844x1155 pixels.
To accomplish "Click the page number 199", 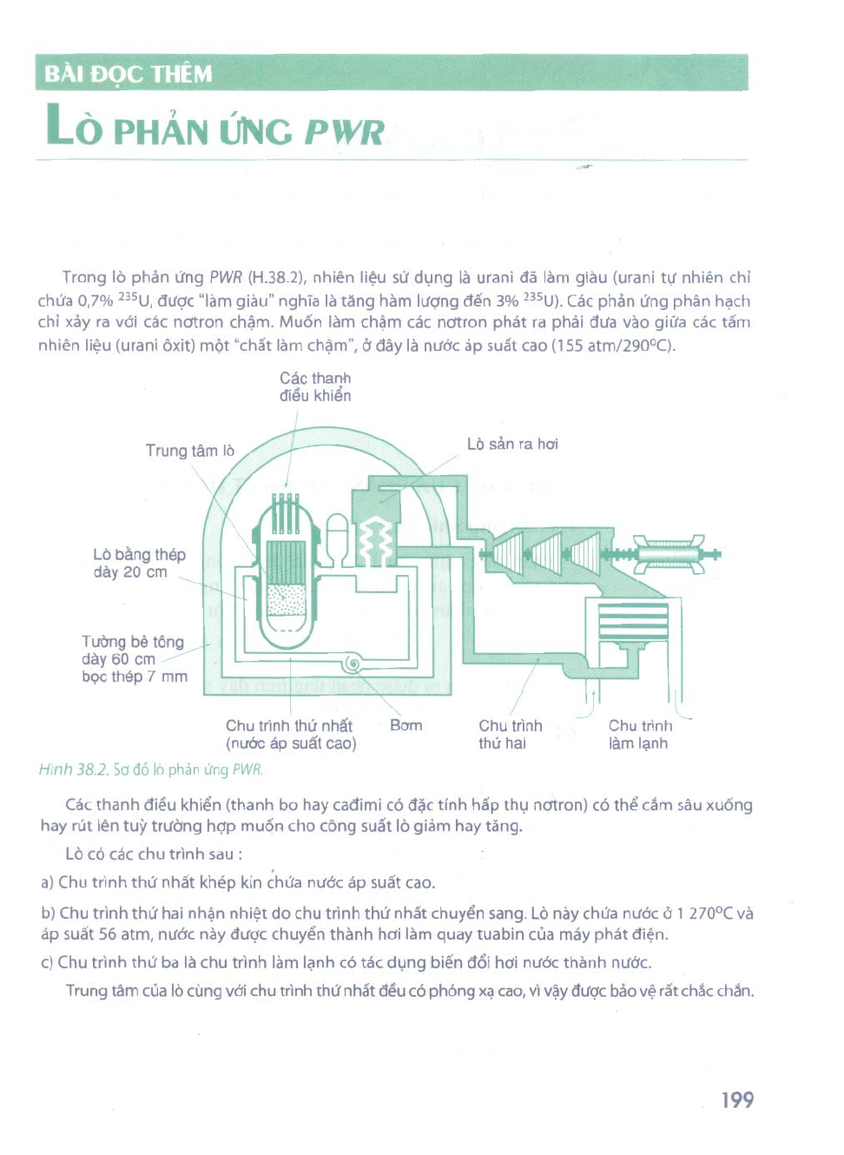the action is [x=737, y=1099].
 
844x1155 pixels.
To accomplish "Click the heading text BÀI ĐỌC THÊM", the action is [x=129, y=74].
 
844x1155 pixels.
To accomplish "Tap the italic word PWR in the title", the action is [x=344, y=132].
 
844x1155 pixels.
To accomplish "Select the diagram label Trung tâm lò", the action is [x=190, y=451].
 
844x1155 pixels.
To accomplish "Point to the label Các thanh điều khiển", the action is [x=315, y=386].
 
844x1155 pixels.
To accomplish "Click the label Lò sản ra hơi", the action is [x=512, y=444].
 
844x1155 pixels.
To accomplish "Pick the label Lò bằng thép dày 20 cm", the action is [x=139, y=563].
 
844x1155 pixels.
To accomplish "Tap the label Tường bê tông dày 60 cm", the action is [x=133, y=650].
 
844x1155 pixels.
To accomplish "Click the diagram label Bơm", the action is [x=406, y=725].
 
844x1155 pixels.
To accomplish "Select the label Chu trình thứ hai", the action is [x=510, y=735].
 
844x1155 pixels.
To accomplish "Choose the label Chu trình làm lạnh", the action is [x=640, y=735].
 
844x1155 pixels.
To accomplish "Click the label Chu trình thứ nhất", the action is [x=289, y=725].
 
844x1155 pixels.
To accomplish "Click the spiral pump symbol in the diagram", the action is [x=353, y=663].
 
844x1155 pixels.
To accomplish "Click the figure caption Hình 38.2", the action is [x=73, y=769].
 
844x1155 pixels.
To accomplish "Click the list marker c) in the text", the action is [x=47, y=963].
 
